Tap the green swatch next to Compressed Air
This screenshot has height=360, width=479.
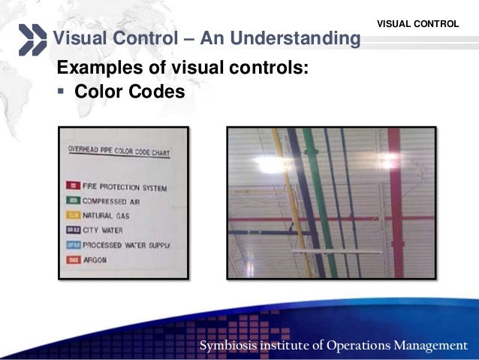point(74,201)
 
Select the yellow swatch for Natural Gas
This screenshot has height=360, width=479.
point(74,215)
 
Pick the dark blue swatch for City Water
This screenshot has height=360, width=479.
point(74,230)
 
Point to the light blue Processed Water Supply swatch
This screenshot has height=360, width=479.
point(74,245)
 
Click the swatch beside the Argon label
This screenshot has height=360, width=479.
point(74,259)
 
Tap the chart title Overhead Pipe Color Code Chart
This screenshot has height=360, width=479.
point(119,153)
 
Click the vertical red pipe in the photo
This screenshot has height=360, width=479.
point(395,203)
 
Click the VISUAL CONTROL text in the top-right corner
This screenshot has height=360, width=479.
point(417,24)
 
